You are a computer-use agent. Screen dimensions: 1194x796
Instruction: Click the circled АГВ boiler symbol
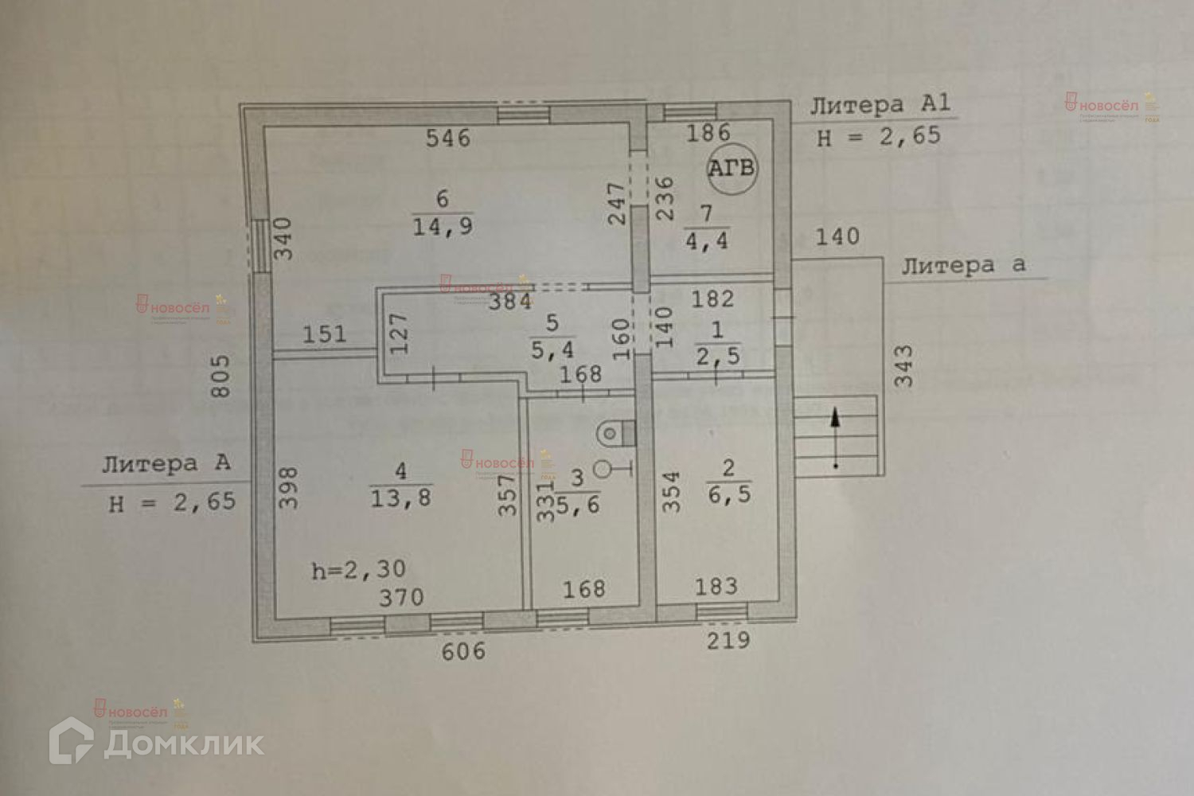pyautogui.click(x=732, y=169)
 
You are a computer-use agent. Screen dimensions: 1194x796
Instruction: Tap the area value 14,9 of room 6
pyautogui.click(x=443, y=227)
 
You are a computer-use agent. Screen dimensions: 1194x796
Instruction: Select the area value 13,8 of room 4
pyautogui.click(x=400, y=498)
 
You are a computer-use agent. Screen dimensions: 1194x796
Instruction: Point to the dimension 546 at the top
pyautogui.click(x=448, y=139)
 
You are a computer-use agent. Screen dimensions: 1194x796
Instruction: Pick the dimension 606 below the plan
pyautogui.click(x=463, y=652)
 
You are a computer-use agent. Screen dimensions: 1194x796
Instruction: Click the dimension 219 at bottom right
pyautogui.click(x=728, y=640)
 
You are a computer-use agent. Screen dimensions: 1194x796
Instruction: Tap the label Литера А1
pyautogui.click(x=880, y=104)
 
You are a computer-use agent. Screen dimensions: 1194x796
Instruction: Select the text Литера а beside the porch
pyautogui.click(x=963, y=266)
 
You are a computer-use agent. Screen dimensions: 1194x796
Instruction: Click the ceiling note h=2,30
pyautogui.click(x=358, y=570)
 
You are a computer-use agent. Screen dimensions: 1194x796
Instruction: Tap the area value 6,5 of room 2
pyautogui.click(x=729, y=494)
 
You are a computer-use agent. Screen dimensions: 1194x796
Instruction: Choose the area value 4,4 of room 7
pyautogui.click(x=707, y=240)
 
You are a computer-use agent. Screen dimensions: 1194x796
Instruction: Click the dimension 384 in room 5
pyautogui.click(x=510, y=302)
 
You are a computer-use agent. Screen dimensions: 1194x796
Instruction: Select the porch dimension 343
pyautogui.click(x=904, y=365)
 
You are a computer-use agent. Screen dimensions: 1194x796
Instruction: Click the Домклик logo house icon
pyautogui.click(x=72, y=741)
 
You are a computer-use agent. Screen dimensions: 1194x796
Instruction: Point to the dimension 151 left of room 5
pyautogui.click(x=324, y=334)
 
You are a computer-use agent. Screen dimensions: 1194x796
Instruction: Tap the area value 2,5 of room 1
pyautogui.click(x=718, y=356)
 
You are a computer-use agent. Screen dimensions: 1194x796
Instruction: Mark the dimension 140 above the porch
pyautogui.click(x=837, y=236)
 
